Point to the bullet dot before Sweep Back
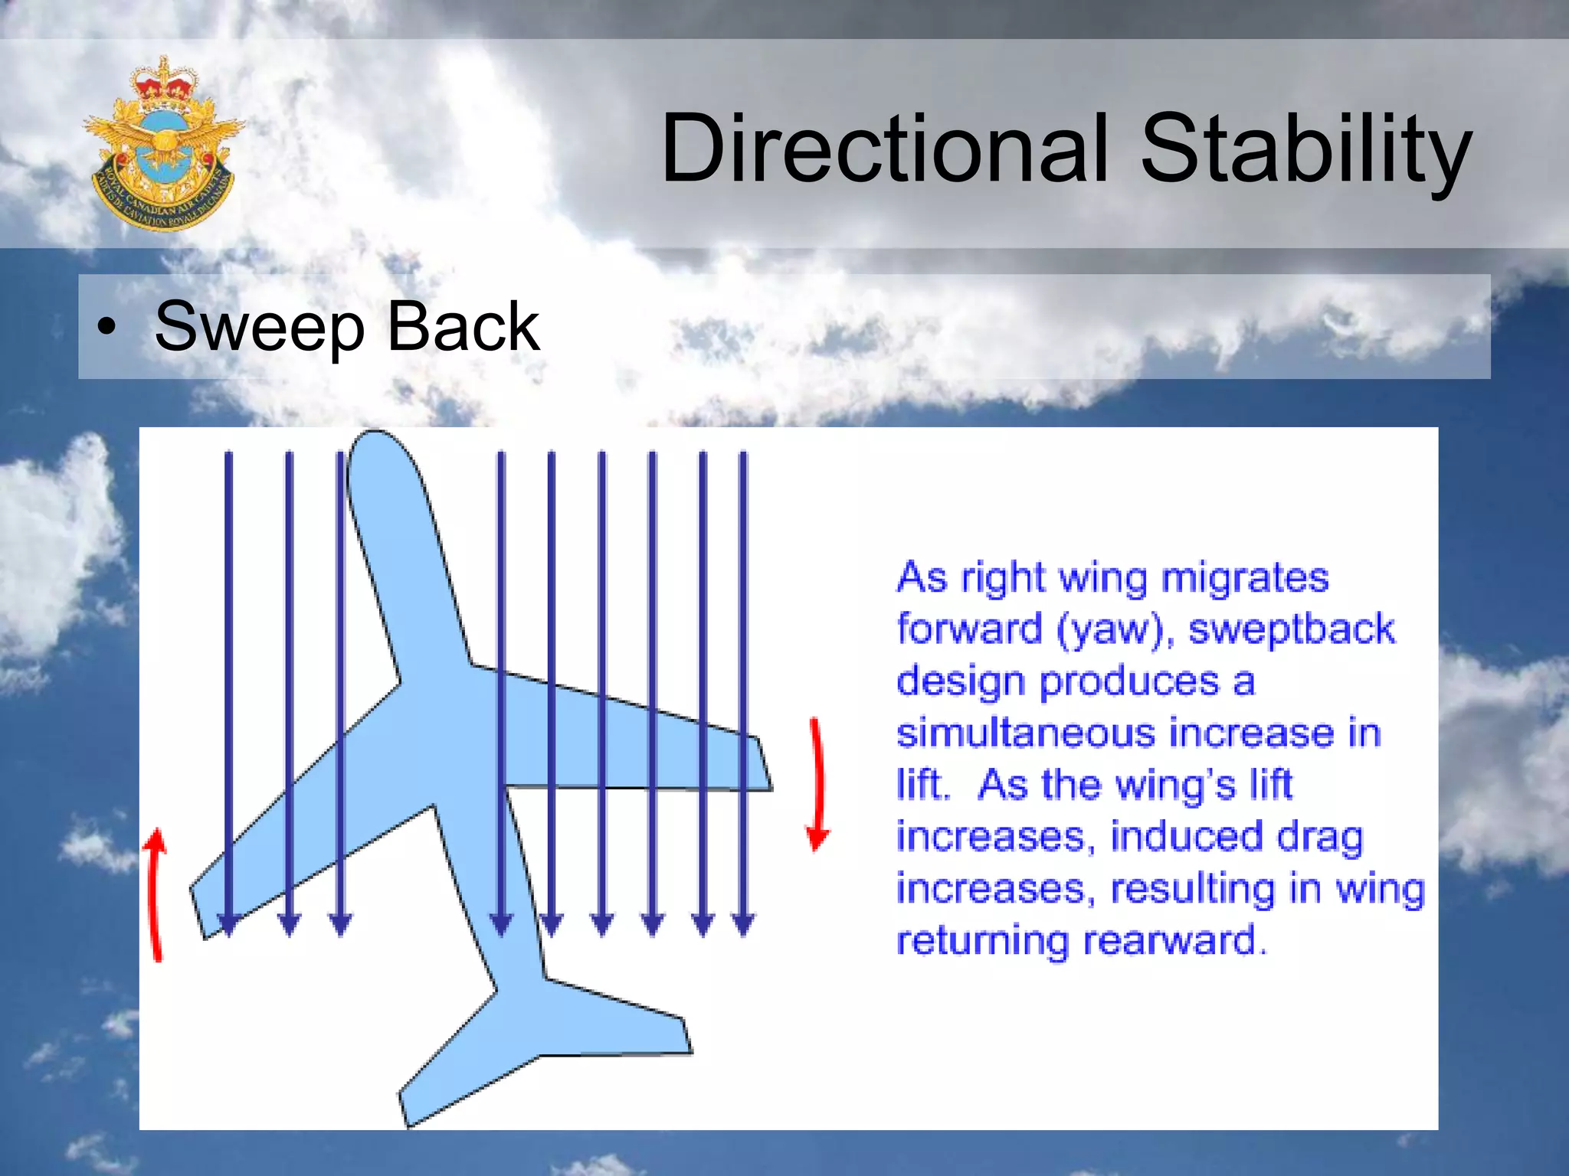(108, 328)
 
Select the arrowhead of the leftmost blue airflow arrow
(228, 925)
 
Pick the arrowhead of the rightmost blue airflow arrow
(743, 925)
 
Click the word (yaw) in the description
(1115, 630)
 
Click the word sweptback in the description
(1292, 629)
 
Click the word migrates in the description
(1244, 577)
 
